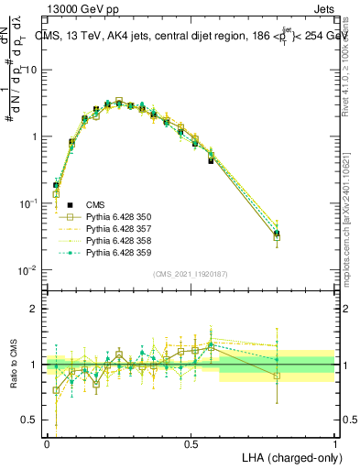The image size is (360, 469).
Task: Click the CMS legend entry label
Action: point(95,204)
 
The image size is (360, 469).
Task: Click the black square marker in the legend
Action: point(66,204)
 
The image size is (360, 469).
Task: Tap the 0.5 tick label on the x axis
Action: point(191,443)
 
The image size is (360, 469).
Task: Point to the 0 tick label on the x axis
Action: point(47,443)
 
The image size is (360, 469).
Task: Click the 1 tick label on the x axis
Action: point(334,443)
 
